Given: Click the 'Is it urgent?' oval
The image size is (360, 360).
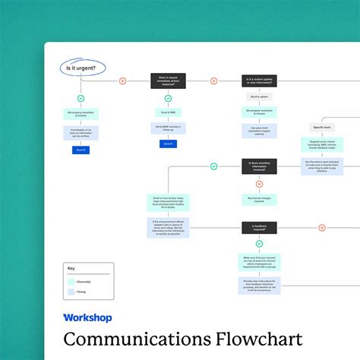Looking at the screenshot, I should (x=81, y=68).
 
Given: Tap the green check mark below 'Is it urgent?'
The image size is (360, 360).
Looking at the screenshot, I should (x=81, y=98).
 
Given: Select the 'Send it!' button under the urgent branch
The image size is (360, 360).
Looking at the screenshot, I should (x=81, y=150).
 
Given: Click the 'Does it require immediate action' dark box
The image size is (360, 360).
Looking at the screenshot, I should (x=168, y=81).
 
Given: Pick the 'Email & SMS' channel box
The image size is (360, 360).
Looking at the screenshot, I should (x=168, y=112).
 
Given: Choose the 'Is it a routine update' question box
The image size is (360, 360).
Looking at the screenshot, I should (x=259, y=81).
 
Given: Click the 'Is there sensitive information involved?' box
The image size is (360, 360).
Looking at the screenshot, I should (x=259, y=164).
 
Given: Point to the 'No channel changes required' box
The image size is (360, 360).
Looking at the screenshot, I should (x=259, y=199).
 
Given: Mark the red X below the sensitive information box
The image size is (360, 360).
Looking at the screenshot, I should (x=259, y=182).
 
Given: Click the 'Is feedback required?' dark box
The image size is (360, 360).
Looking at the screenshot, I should (x=259, y=227).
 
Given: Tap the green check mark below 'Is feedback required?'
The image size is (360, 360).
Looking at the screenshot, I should (x=259, y=244).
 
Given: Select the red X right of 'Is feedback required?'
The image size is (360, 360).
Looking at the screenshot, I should (x=321, y=227).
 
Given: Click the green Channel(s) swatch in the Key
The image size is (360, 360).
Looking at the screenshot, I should (x=73, y=280).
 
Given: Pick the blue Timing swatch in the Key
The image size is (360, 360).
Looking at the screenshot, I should (x=73, y=291).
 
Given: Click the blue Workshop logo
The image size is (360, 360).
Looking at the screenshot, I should (x=87, y=317).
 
